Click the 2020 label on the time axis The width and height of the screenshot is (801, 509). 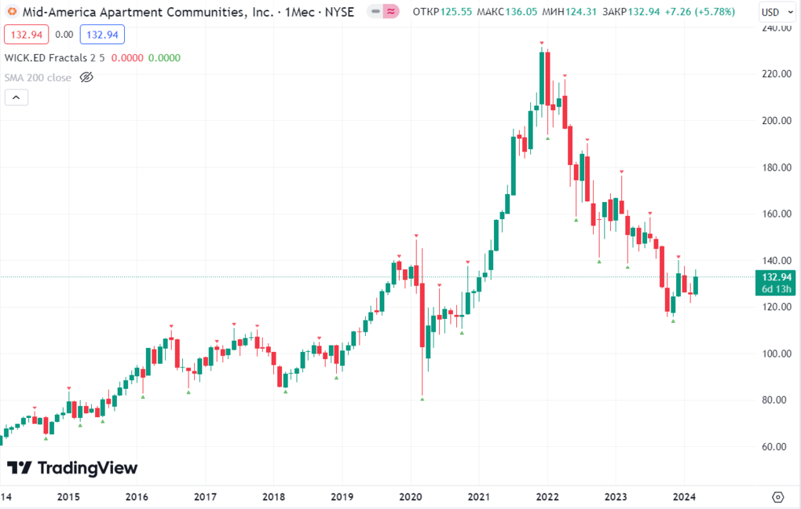(x=411, y=496)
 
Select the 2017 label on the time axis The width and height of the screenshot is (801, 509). (x=205, y=496)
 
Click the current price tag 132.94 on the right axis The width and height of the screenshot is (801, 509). (x=772, y=276)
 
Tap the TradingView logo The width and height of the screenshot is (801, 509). (x=72, y=468)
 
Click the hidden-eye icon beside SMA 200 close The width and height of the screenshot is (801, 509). (x=87, y=78)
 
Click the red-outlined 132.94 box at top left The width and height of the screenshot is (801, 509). (x=26, y=35)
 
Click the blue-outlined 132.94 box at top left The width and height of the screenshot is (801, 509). (x=104, y=35)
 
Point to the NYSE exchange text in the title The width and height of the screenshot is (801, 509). (x=338, y=13)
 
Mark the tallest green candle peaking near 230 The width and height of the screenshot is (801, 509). (x=542, y=78)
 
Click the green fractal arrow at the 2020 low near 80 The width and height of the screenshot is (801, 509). (x=422, y=399)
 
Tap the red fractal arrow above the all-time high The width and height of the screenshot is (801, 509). (x=542, y=43)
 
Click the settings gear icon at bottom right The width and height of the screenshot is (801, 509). (x=778, y=496)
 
